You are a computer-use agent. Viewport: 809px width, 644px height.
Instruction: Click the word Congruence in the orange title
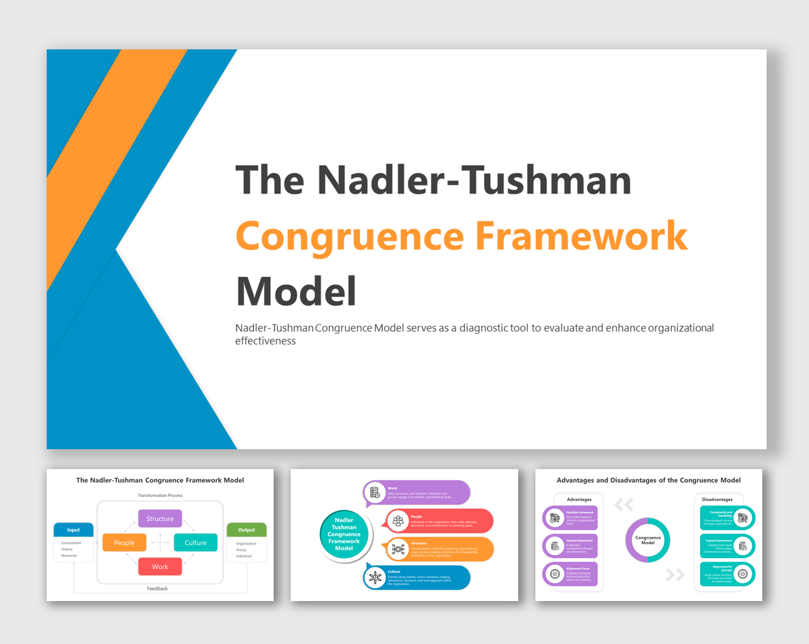[x=349, y=236]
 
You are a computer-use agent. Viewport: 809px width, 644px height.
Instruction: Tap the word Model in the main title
[x=296, y=291]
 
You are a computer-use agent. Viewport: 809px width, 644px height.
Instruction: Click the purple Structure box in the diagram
[x=160, y=518]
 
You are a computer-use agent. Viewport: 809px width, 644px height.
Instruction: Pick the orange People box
[x=124, y=543]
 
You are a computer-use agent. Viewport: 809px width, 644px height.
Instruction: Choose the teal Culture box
[x=195, y=543]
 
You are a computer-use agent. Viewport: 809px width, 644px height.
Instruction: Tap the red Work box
[x=160, y=567]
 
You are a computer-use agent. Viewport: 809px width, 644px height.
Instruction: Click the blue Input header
[x=73, y=530]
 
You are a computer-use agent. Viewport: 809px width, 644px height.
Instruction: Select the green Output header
[x=246, y=530]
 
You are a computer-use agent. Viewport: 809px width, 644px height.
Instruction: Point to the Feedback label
[x=157, y=589]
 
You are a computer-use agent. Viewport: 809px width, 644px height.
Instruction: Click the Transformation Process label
[x=160, y=495]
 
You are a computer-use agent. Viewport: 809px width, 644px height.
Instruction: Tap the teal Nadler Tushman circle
[x=344, y=534]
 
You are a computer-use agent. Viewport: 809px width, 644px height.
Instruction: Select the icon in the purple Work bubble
[x=375, y=492]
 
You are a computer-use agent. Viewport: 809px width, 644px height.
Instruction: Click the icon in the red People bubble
[x=398, y=521]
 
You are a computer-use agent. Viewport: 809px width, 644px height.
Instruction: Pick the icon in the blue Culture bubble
[x=375, y=577]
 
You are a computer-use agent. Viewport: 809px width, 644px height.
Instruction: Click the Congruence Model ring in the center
[x=648, y=540]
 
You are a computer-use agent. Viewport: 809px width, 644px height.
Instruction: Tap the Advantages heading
[x=579, y=500]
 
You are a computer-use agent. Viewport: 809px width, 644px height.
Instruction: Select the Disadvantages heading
[x=717, y=500]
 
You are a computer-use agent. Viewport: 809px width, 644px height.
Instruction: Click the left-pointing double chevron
[x=624, y=504]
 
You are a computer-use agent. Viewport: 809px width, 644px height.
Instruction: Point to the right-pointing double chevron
[x=675, y=575]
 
